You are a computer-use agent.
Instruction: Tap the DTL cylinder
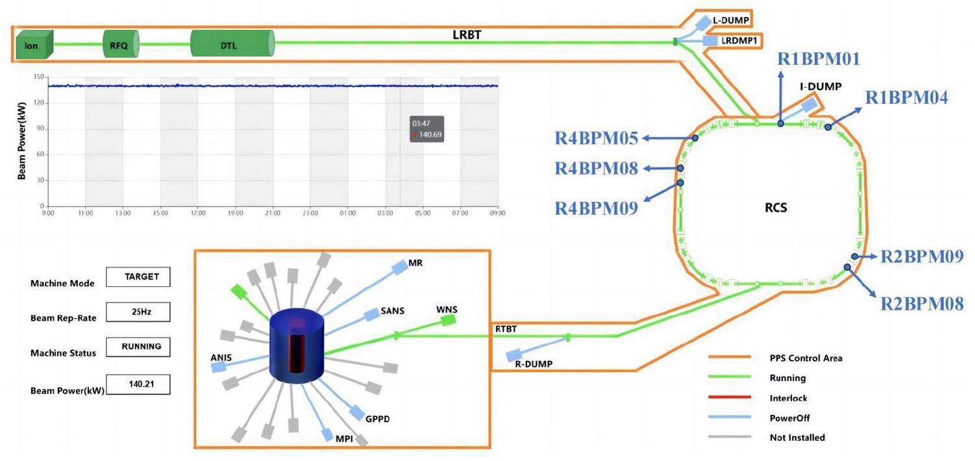click(232, 45)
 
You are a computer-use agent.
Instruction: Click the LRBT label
click(467, 35)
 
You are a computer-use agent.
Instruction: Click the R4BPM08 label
click(596, 169)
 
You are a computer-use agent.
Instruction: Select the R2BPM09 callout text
click(921, 257)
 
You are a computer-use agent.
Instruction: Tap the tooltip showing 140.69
click(426, 129)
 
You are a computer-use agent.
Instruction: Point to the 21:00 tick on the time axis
click(273, 213)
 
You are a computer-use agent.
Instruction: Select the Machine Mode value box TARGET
click(139, 277)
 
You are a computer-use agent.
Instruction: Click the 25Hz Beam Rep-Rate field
click(139, 312)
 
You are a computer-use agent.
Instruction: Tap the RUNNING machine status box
click(139, 347)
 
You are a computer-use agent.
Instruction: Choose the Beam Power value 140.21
click(139, 384)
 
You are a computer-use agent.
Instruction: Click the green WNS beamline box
click(447, 320)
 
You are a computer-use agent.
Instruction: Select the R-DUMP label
click(534, 364)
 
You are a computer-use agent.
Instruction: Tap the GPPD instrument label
click(378, 419)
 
